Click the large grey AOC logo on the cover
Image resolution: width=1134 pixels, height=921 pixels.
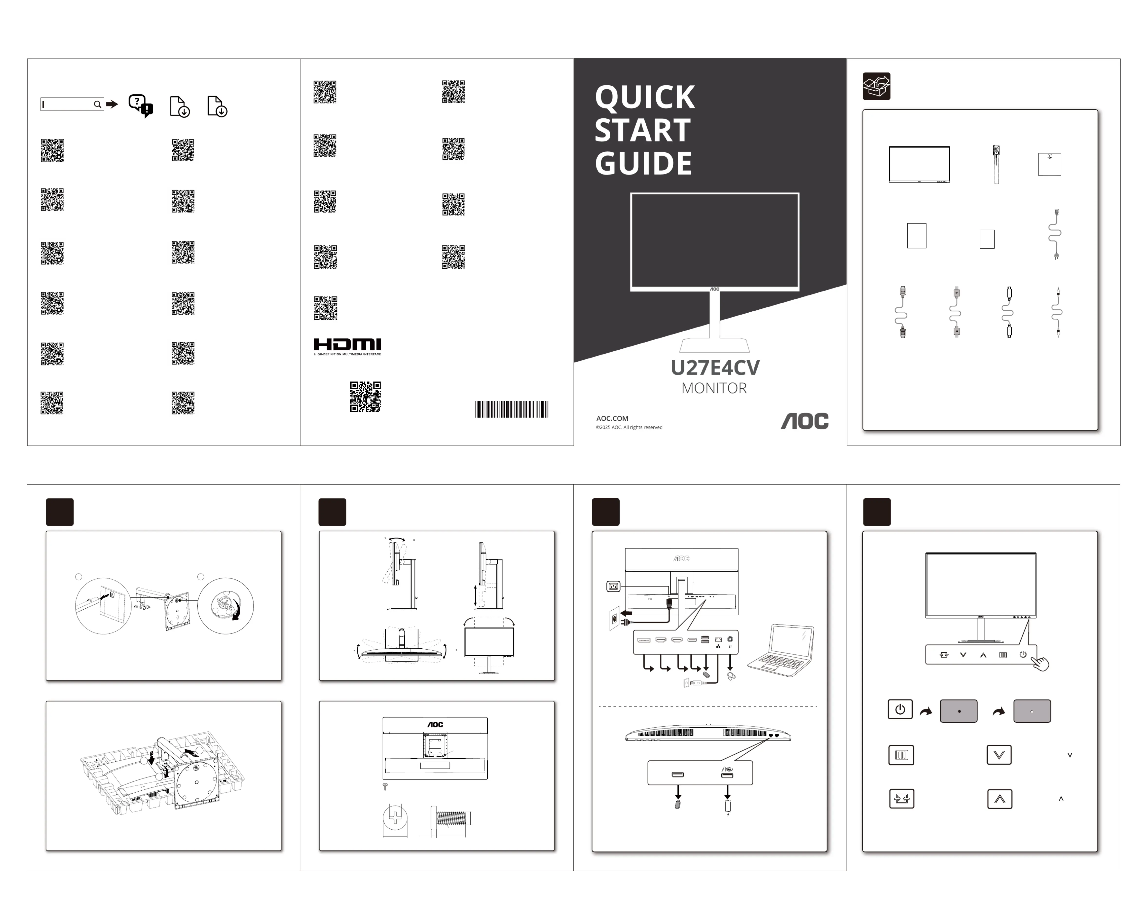pyautogui.click(x=804, y=421)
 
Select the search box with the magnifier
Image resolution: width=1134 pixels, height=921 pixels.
pyautogui.click(x=72, y=104)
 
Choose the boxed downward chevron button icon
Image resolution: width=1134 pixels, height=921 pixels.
pyautogui.click(x=999, y=754)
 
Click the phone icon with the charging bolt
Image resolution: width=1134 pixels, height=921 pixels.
pyautogui.click(x=728, y=806)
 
